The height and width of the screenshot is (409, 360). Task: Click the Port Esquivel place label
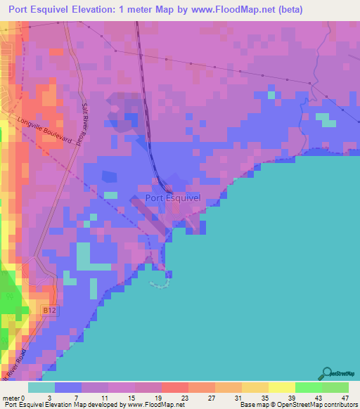[x=172, y=198]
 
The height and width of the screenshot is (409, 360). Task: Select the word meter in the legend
[x=10, y=398]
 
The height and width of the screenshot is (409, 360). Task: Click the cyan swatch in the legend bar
[x=41, y=387]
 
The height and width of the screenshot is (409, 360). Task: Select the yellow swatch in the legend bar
[x=282, y=387]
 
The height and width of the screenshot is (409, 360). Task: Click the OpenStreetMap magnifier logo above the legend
[x=328, y=374]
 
